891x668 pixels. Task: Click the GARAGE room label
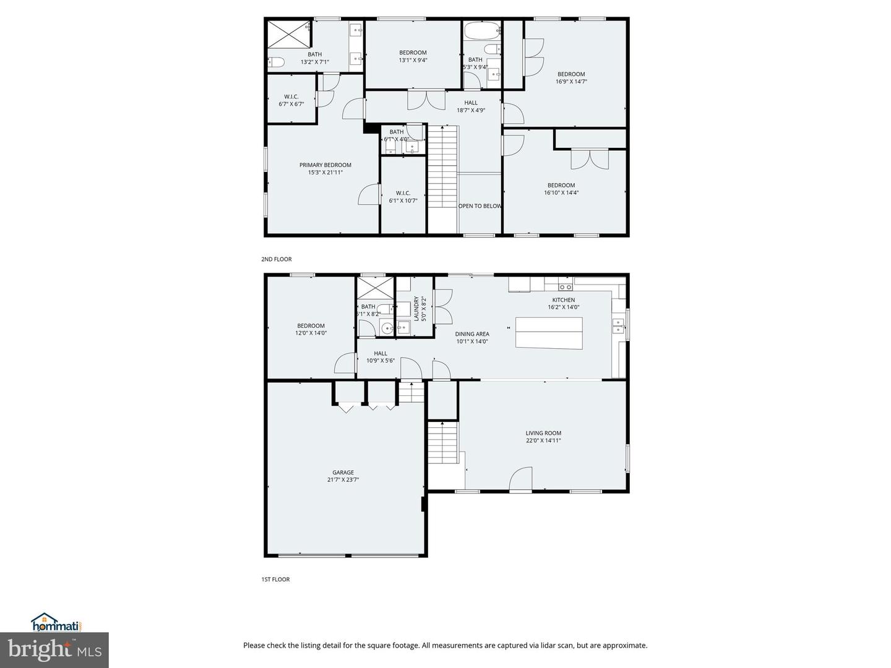343,473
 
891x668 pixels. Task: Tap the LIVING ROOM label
543,434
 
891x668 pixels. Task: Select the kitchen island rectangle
549,333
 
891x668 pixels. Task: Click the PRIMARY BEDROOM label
325,165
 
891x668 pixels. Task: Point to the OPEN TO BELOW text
480,206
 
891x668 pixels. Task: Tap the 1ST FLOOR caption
275,580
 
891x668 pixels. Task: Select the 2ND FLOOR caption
276,259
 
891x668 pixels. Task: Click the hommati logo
56,622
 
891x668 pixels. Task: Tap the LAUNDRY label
416,307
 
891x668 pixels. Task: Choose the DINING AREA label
472,334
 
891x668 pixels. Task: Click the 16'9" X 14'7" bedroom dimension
570,82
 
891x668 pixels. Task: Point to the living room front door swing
520,479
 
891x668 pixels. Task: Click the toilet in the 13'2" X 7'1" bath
276,62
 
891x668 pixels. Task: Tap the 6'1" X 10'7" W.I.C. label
403,200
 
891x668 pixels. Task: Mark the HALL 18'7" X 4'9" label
471,106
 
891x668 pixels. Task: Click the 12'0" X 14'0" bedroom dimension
311,333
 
